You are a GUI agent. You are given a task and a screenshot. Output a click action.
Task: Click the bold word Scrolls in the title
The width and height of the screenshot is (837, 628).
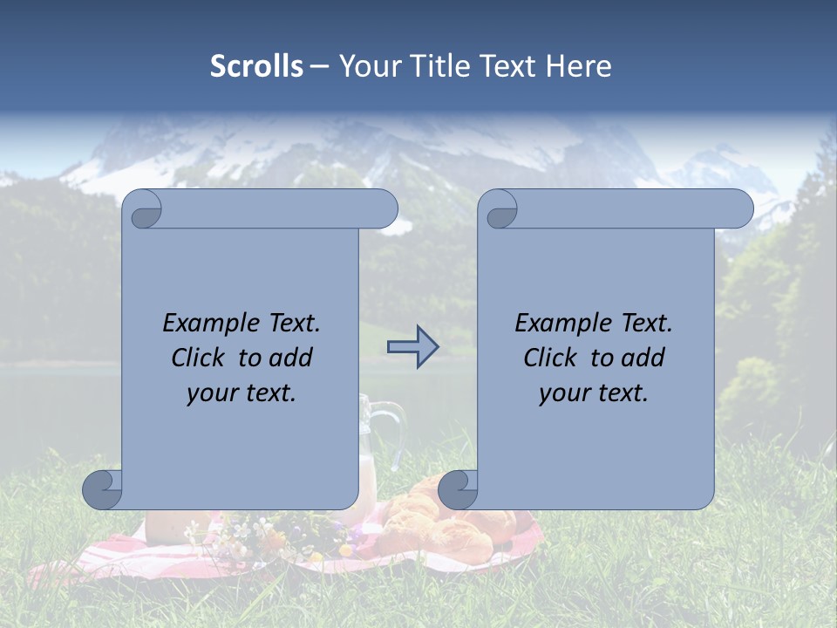click(x=256, y=66)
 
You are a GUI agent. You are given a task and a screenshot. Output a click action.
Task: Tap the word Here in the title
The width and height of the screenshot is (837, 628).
click(x=578, y=66)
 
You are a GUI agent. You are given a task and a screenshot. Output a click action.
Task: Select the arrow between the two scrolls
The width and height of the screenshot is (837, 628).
click(x=412, y=346)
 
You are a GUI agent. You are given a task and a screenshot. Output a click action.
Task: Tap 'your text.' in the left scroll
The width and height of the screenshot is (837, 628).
click(x=242, y=392)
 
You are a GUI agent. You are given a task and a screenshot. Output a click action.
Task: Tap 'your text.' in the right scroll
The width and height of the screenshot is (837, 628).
click(x=594, y=392)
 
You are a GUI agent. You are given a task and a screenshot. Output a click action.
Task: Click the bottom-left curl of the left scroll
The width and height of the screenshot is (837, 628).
click(x=102, y=489)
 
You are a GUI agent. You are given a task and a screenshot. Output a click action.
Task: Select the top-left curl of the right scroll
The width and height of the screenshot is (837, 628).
click(x=500, y=210)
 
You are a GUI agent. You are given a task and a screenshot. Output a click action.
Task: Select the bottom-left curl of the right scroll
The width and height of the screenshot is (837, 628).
click(x=458, y=489)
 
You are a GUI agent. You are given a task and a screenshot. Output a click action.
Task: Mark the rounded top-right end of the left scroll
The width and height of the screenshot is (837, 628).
click(x=384, y=209)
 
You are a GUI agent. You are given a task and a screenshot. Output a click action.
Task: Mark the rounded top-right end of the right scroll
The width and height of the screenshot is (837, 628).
click(x=739, y=209)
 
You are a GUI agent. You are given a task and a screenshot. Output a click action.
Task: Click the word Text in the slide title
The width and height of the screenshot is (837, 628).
click(x=509, y=66)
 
